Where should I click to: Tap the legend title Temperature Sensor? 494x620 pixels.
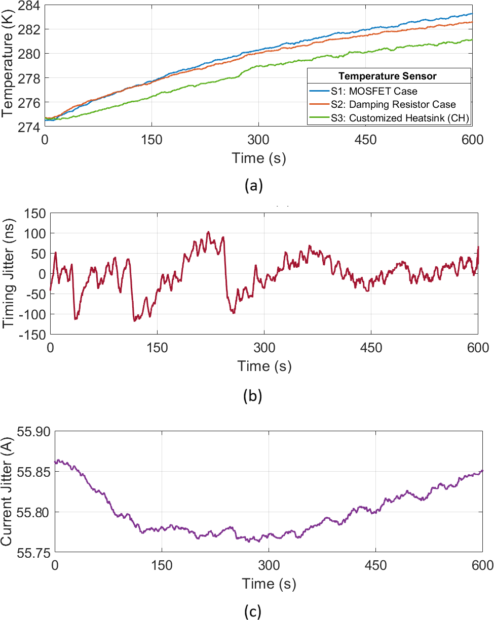point(388,76)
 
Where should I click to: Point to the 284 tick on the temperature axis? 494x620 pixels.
point(31,6)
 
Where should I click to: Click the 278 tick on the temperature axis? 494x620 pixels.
point(31,78)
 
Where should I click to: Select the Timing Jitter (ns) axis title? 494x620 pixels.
point(9,273)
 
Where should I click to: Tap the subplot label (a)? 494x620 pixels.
point(253,186)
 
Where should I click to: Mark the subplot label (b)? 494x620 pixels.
point(253,396)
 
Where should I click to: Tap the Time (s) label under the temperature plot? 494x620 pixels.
point(258,158)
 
